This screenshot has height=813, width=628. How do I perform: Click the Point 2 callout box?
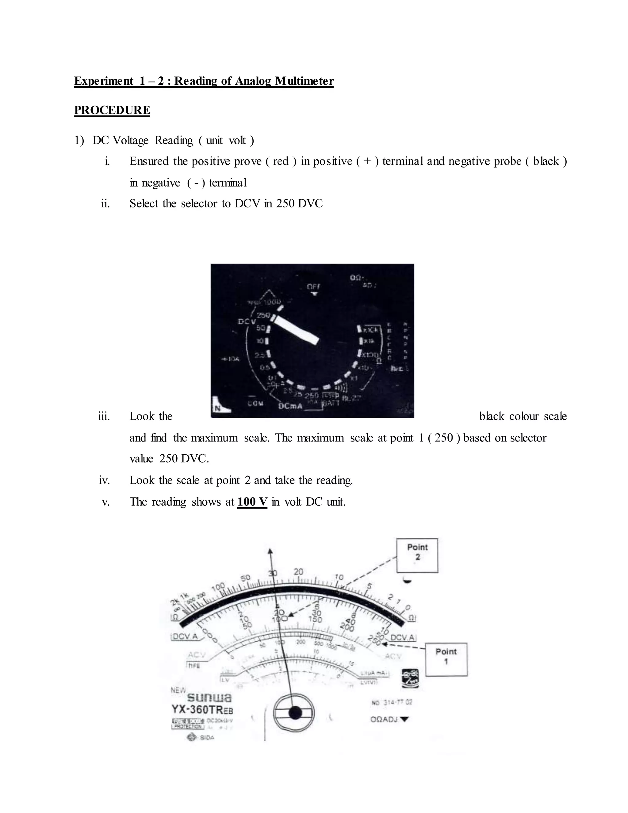pos(417,555)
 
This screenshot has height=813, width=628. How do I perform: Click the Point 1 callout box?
pos(446,660)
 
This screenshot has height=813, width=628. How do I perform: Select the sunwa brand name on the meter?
pos(209,697)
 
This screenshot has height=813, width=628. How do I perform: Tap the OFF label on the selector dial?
pos(314,287)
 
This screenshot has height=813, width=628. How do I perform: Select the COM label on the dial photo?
pos(256,403)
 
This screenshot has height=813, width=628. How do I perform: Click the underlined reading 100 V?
pos(252,502)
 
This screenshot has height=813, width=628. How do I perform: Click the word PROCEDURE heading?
pos(112,110)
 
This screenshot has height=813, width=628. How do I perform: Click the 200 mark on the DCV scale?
pos(347,628)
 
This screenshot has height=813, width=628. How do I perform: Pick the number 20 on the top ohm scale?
pos(298,572)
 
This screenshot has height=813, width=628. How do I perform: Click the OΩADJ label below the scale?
pos(384,719)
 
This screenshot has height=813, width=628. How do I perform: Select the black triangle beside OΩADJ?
pos(404,719)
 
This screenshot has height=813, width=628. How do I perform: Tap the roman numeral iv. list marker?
pos(104,480)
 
